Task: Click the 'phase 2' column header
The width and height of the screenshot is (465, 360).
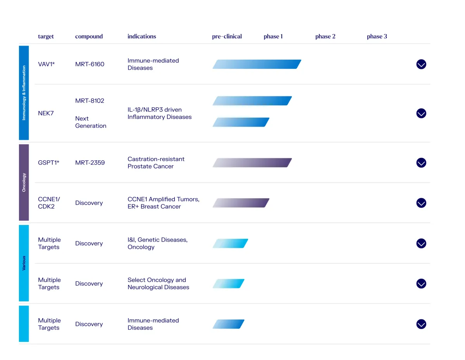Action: click(x=325, y=36)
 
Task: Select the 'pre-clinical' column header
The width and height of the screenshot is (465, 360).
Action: click(x=227, y=36)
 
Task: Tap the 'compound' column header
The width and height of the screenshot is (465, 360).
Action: click(x=89, y=36)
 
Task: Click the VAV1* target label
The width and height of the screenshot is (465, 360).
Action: click(x=46, y=64)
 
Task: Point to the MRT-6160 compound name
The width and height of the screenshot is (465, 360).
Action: click(x=90, y=64)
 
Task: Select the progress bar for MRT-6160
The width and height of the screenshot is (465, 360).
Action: click(x=257, y=64)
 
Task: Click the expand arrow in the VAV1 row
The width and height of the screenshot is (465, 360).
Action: click(x=421, y=64)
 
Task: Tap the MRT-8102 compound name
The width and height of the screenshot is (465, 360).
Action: click(x=90, y=101)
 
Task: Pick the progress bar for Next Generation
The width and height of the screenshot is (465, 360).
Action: click(x=241, y=122)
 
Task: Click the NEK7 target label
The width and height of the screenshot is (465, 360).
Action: click(x=46, y=113)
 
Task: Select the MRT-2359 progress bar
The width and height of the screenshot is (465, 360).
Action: click(x=252, y=163)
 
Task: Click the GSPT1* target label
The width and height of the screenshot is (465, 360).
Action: click(x=48, y=163)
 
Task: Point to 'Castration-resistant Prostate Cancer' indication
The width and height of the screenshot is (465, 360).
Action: click(x=156, y=163)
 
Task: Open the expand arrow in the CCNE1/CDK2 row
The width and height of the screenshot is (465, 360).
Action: click(x=421, y=203)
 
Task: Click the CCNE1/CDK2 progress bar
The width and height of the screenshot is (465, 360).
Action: click(x=241, y=203)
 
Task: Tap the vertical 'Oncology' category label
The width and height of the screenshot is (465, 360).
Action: click(x=24, y=182)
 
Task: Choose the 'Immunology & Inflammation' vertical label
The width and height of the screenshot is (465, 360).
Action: click(x=24, y=93)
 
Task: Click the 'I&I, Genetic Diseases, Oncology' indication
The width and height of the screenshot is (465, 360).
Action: click(x=157, y=243)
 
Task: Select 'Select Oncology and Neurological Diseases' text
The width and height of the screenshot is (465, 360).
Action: click(x=158, y=284)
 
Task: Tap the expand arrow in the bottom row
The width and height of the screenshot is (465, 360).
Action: click(x=421, y=324)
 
